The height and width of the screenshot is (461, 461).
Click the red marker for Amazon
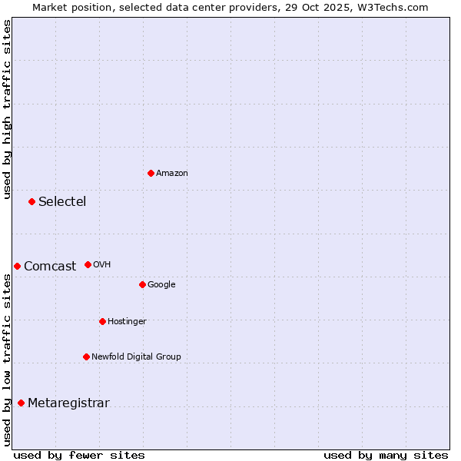point(151,173)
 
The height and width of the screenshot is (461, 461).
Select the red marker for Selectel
point(32,201)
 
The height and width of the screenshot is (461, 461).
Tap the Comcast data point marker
point(17,266)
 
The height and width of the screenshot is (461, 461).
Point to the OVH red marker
point(88,264)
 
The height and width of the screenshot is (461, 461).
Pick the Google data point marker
point(142,284)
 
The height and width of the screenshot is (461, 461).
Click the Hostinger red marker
point(102,321)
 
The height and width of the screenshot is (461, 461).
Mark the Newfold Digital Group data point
point(86,357)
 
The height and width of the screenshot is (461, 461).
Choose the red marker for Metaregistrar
point(21,403)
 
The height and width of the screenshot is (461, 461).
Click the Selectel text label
point(62,202)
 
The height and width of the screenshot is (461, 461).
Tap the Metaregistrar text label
point(68,403)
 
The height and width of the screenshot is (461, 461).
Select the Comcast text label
point(50,267)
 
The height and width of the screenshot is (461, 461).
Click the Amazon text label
point(172,174)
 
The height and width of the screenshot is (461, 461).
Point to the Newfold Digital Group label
point(136,357)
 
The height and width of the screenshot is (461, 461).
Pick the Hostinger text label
point(127,321)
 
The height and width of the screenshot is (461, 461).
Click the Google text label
point(161,285)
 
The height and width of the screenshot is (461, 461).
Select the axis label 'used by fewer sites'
point(79,455)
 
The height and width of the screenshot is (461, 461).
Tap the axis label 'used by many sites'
point(386,455)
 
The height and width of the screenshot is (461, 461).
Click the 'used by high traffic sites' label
point(8,109)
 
